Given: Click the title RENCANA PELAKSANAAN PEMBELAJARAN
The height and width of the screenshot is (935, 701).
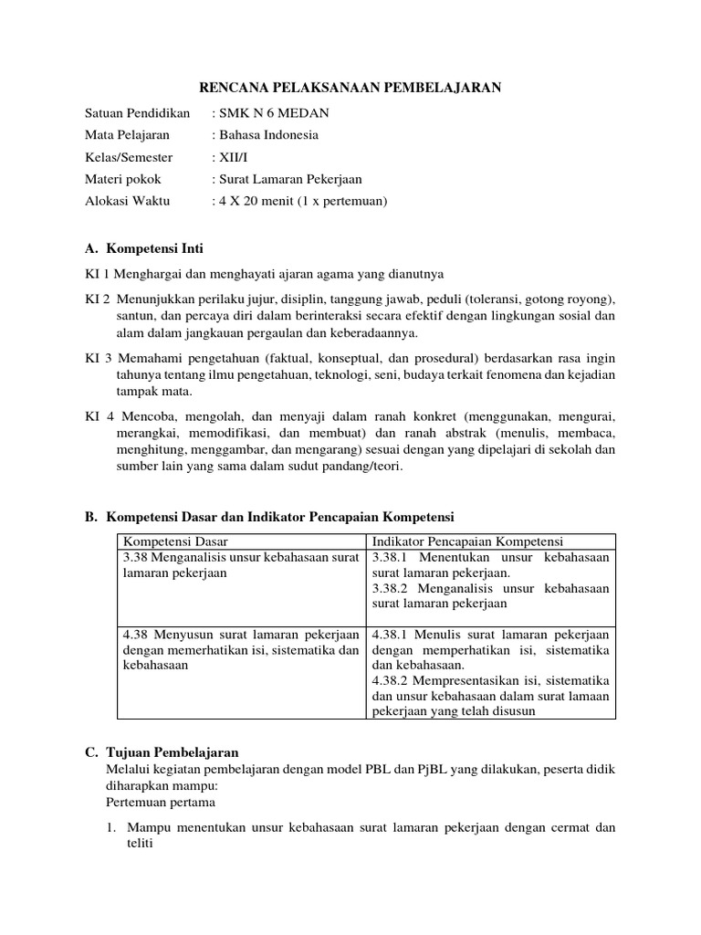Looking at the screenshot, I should [350, 87].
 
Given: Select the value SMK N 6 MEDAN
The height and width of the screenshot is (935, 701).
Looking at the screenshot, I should [272, 113].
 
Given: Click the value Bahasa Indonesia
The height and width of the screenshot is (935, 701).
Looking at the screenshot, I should [267, 135].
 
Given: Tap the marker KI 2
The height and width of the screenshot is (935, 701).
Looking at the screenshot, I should [98, 299].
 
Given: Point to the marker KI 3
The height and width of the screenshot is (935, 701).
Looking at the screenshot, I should [98, 359].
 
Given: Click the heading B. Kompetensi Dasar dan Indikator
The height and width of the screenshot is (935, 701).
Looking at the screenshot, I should [269, 517].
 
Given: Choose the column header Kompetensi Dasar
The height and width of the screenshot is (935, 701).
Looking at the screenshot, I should [175, 541].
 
